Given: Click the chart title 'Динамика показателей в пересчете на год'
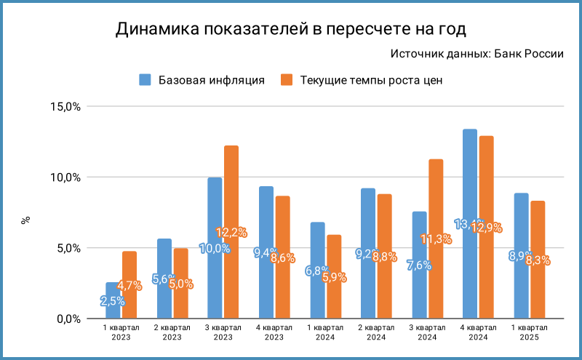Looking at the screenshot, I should pyautogui.click(x=290, y=29).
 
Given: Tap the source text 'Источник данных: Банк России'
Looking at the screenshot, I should pyautogui.click(x=477, y=54).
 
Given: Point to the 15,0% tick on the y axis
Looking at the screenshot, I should pyautogui.click(x=65, y=106).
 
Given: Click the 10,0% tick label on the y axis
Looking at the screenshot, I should pyautogui.click(x=65, y=177).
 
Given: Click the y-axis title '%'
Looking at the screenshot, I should pyautogui.click(x=25, y=218).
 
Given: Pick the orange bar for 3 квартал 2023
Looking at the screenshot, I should pyautogui.click(x=231, y=232).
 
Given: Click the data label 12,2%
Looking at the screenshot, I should pyautogui.click(x=231, y=233).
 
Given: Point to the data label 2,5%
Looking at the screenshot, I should pyautogui.click(x=113, y=300).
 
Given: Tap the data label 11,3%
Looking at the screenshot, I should pyautogui.click(x=436, y=239).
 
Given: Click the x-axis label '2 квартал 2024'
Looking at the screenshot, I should pyautogui.click(x=376, y=332).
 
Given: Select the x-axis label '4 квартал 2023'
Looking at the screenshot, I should pyautogui.click(x=274, y=332).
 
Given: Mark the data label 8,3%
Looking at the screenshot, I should pyautogui.click(x=538, y=260).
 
